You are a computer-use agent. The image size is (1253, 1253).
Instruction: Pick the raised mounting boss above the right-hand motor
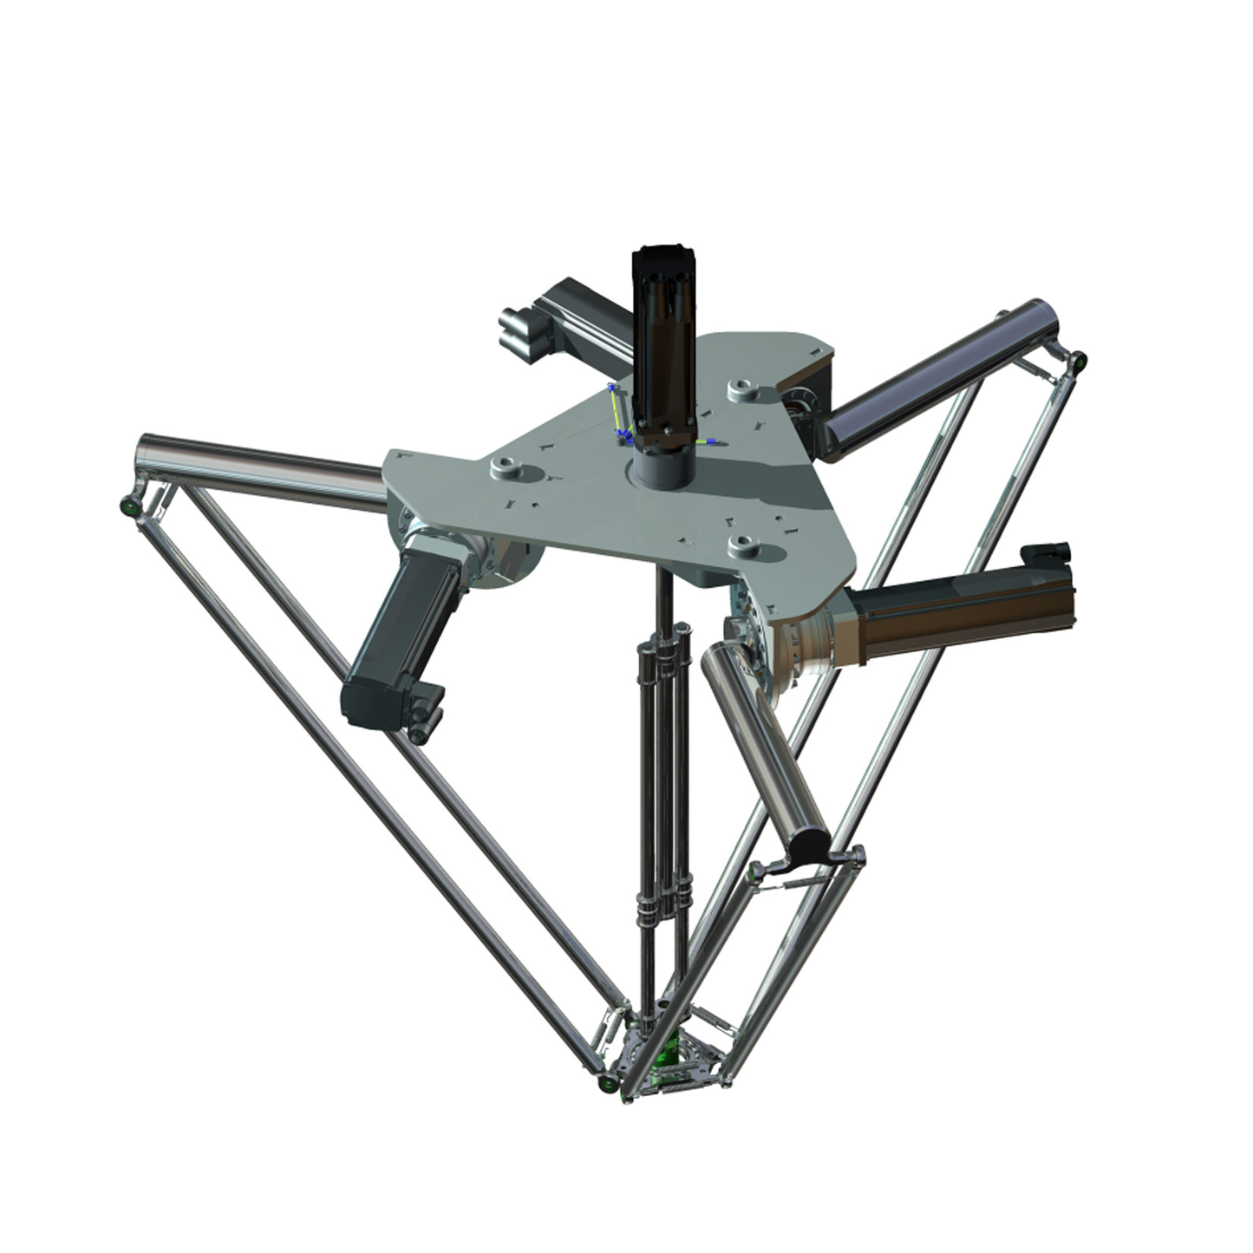[x=745, y=545]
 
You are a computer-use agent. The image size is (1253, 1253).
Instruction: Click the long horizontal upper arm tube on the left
[x=260, y=468]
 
